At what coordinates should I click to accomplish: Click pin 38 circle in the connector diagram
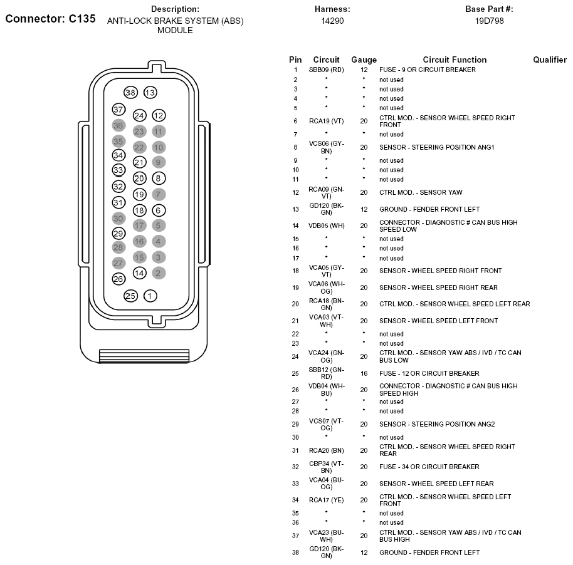point(130,93)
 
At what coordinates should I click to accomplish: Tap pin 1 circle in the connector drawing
point(150,296)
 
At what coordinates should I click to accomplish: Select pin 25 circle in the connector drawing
point(130,296)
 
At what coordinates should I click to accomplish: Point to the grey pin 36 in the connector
point(118,125)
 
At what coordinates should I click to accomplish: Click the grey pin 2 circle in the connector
point(159,272)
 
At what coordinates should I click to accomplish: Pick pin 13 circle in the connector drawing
point(150,93)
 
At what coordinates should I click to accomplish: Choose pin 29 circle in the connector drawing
point(118,234)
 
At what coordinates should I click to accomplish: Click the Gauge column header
point(364,60)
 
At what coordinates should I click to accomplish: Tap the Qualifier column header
point(550,60)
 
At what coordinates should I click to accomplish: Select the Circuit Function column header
point(455,60)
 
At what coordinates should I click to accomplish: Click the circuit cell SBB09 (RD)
point(326,70)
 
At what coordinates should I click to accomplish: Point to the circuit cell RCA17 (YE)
point(326,500)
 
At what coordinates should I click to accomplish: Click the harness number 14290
point(332,21)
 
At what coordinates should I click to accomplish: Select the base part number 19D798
point(489,21)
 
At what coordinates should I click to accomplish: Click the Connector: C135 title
point(50,19)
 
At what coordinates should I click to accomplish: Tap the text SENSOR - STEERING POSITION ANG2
point(437,424)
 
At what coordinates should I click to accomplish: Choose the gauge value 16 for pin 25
point(364,373)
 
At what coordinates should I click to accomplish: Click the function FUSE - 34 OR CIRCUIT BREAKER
point(429,467)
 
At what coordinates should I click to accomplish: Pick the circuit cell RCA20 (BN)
point(326,450)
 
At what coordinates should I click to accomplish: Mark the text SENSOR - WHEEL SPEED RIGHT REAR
point(438,288)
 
